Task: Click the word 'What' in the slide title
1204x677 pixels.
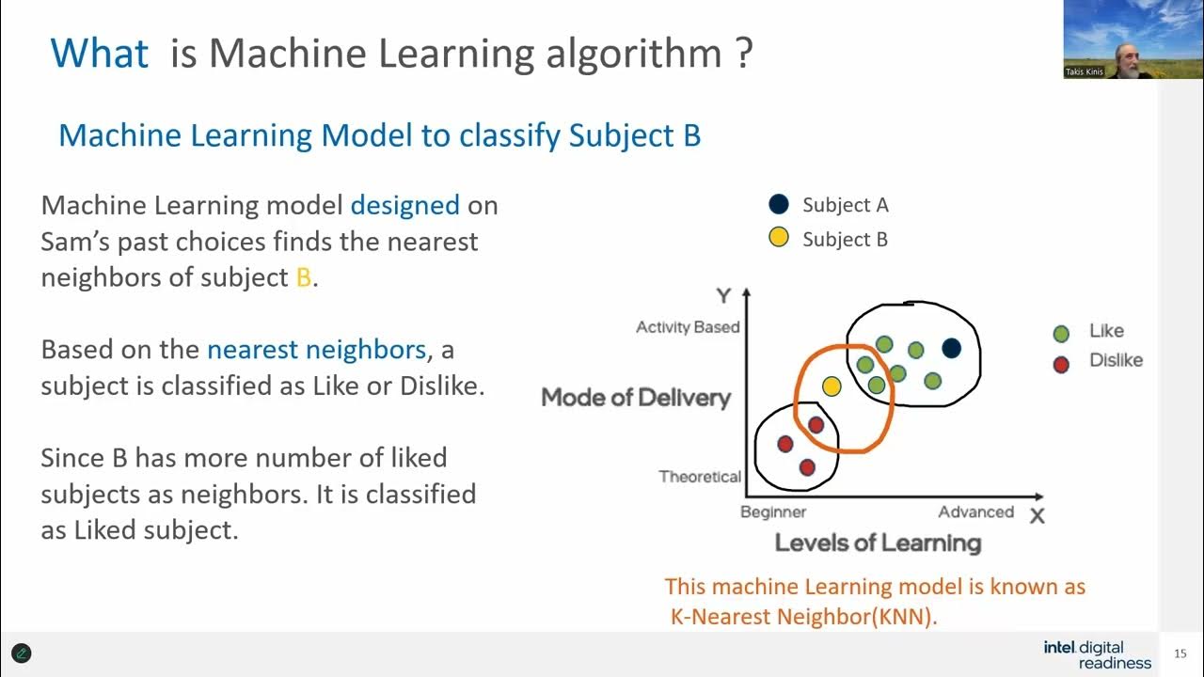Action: [99, 53]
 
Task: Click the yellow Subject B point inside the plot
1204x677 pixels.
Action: [832, 386]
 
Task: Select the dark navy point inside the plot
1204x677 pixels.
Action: [951, 348]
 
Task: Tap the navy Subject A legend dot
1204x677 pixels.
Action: [779, 205]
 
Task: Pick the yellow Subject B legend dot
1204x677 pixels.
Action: [779, 238]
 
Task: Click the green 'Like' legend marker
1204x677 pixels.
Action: [1061, 333]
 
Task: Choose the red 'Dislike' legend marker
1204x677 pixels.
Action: [1061, 364]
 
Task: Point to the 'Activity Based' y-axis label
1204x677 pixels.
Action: [688, 327]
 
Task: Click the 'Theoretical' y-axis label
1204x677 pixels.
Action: [700, 477]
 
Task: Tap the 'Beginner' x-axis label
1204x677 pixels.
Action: [773, 512]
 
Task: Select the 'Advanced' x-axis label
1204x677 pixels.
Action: [975, 512]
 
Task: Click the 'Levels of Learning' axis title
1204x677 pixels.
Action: [878, 543]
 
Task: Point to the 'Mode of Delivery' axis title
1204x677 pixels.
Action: [636, 398]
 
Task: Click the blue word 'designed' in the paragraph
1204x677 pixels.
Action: [404, 205]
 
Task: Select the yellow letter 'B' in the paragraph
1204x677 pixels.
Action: [303, 277]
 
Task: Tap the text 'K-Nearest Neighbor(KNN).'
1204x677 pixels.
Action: [804, 618]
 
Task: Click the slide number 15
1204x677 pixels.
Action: [1180, 654]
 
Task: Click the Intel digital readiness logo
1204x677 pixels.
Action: [1097, 654]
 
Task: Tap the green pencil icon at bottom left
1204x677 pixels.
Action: [22, 653]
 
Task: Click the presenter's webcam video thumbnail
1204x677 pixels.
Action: [1106, 39]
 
